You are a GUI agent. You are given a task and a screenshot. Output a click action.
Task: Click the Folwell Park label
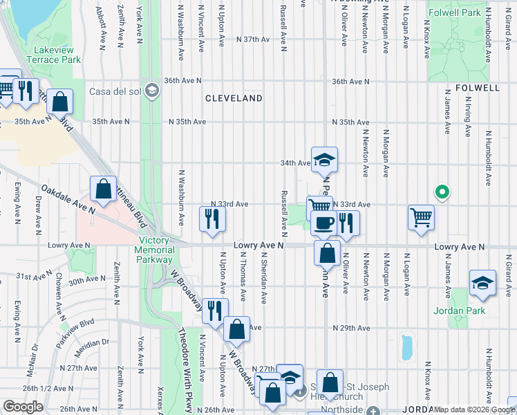[454, 13]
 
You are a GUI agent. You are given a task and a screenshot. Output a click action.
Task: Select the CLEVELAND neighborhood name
[234, 99]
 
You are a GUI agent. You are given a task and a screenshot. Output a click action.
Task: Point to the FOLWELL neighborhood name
[478, 89]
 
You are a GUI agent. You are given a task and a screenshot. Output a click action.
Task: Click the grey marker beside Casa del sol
[153, 91]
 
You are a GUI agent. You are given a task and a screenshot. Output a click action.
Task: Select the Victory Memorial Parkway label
[153, 250]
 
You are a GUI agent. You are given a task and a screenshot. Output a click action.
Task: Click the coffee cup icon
[323, 223]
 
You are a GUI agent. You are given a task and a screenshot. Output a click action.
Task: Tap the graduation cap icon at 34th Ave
[323, 160]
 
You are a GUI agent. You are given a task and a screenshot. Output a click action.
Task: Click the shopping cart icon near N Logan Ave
[420, 217]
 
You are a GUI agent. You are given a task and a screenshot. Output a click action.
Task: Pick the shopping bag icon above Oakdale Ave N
[103, 187]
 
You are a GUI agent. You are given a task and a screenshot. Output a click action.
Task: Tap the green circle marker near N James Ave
[440, 192]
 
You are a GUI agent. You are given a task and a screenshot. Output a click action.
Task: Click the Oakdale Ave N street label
[68, 199]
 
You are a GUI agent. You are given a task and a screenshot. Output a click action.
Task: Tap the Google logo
[23, 407]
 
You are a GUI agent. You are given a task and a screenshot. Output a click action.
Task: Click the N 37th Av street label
[253, 39]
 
